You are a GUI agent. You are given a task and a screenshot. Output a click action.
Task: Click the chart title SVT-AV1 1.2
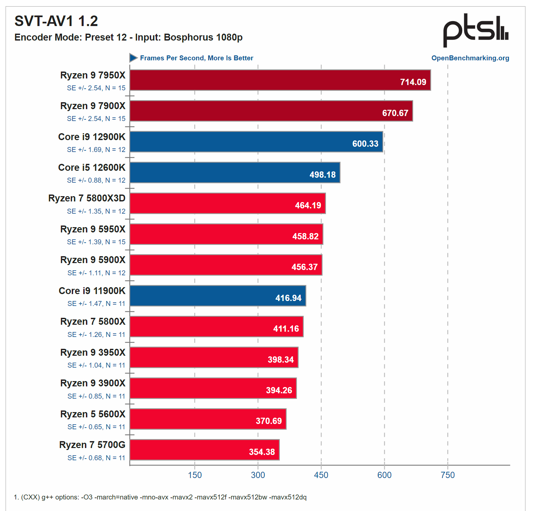click(x=56, y=21)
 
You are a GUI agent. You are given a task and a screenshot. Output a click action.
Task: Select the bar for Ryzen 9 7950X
click(x=280, y=80)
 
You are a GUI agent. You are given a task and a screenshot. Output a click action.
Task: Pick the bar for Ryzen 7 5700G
click(x=204, y=450)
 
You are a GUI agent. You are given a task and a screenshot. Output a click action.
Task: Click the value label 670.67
click(x=395, y=113)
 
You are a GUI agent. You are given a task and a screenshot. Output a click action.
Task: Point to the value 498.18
click(x=322, y=175)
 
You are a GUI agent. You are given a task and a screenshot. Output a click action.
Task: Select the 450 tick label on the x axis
click(x=321, y=475)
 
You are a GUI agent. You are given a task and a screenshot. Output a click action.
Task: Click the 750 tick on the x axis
click(x=447, y=475)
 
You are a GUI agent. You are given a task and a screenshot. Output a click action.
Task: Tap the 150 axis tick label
click(x=195, y=475)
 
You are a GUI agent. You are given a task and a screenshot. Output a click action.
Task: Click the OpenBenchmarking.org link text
click(x=470, y=58)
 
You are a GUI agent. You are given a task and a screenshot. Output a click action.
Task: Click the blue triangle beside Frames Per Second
click(x=133, y=58)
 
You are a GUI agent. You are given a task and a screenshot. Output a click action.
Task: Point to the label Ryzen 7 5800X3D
click(x=87, y=198)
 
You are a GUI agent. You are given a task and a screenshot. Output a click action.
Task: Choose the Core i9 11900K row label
click(x=92, y=291)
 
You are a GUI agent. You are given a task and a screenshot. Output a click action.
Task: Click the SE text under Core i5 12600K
click(x=96, y=180)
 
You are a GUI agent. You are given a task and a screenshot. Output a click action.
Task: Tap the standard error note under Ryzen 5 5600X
click(x=96, y=427)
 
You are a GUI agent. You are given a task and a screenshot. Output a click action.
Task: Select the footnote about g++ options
click(x=160, y=497)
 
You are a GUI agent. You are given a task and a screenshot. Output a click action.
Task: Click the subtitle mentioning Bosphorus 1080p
click(x=128, y=37)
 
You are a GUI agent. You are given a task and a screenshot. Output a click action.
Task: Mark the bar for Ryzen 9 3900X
click(x=213, y=388)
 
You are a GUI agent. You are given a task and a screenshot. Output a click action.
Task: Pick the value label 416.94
click(x=288, y=298)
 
